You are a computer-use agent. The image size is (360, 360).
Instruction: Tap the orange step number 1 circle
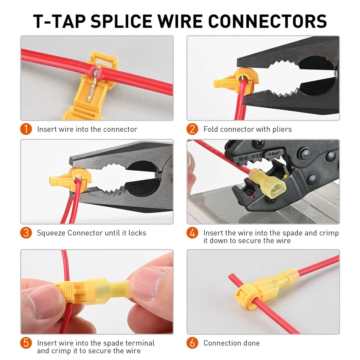click(25, 129)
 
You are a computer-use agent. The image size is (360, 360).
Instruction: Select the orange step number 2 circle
click(192, 129)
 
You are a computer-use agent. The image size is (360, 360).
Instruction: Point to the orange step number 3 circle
click(25, 232)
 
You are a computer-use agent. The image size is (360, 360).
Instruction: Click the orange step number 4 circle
click(192, 233)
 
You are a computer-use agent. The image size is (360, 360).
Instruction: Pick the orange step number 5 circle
click(25, 343)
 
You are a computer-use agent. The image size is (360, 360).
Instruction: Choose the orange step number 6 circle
click(192, 343)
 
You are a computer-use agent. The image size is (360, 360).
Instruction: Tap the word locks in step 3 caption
click(137, 233)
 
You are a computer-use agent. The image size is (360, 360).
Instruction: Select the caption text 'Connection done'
click(231, 343)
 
